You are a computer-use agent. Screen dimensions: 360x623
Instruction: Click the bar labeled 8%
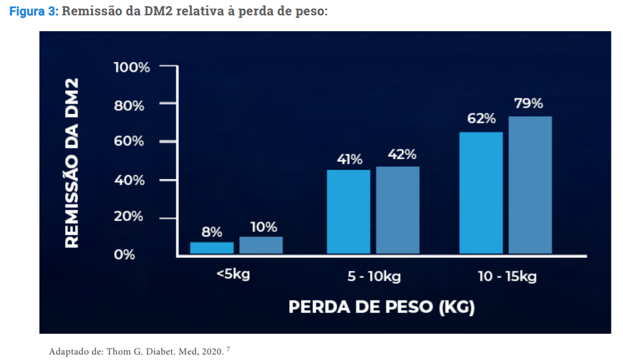point(212,248)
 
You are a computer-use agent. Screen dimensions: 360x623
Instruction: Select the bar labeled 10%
point(261,245)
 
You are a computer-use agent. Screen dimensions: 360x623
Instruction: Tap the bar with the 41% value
point(348,212)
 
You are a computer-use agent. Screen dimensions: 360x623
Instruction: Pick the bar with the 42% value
point(398,210)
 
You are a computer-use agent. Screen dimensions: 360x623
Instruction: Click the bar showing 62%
point(481,193)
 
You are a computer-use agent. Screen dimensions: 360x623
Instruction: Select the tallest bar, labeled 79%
point(530,185)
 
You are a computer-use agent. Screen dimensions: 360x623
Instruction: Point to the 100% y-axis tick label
point(131,67)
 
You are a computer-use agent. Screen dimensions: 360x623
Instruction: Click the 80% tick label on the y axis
point(129,106)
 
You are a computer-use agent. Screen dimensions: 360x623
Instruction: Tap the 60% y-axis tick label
point(129,142)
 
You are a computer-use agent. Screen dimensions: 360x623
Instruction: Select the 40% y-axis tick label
point(129,180)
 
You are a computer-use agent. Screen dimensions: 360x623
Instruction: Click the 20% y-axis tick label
point(129,217)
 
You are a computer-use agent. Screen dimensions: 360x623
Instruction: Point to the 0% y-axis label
point(124,255)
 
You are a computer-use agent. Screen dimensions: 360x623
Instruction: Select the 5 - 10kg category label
point(374,276)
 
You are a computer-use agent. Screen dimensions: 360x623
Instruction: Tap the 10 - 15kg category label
point(507,276)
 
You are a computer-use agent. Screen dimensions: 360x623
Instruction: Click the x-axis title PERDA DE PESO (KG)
point(381,307)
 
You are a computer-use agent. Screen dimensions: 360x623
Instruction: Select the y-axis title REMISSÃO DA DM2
point(72,163)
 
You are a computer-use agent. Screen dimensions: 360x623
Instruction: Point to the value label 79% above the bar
point(528,103)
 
